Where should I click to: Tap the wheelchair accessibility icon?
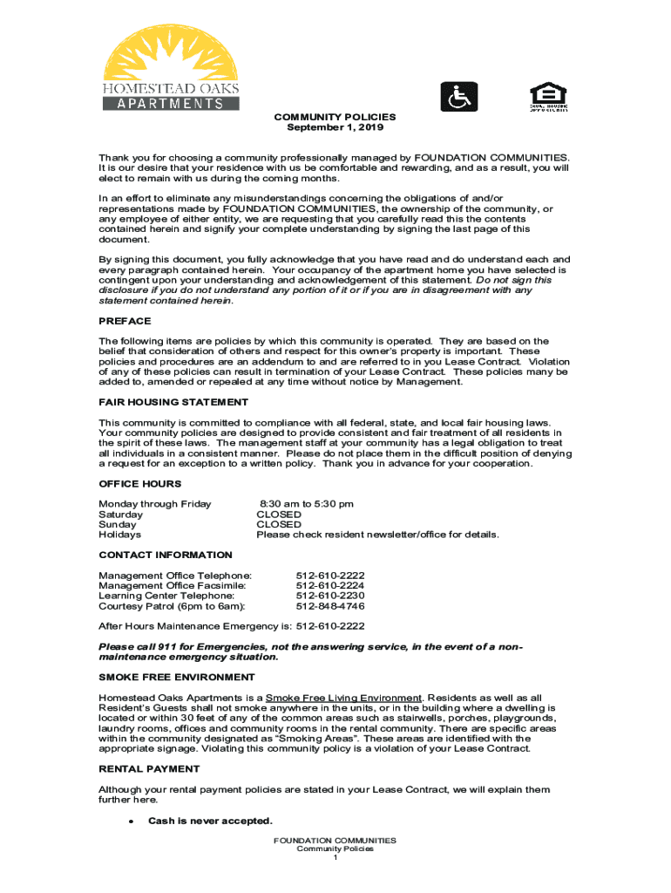(x=457, y=98)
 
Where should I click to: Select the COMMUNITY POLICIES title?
(x=335, y=117)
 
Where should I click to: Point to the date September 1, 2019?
(x=335, y=127)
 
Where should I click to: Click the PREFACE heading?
(x=125, y=321)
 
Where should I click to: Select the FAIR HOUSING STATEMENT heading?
(x=173, y=402)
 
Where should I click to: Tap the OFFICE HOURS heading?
(x=140, y=484)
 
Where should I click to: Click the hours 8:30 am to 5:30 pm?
(x=306, y=504)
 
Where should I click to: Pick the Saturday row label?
(x=120, y=515)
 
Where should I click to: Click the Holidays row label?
(x=119, y=535)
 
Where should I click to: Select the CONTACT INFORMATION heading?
(x=166, y=555)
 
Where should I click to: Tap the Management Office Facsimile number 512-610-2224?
(x=330, y=585)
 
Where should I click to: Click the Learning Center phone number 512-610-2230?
(x=330, y=596)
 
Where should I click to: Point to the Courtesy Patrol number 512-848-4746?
(x=330, y=606)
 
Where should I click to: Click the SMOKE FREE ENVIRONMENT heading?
(x=177, y=677)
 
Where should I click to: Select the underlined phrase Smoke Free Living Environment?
(x=343, y=698)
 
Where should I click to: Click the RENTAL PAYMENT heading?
(x=149, y=769)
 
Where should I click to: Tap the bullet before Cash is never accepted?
(x=130, y=821)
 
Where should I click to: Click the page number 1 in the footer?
(x=335, y=858)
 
